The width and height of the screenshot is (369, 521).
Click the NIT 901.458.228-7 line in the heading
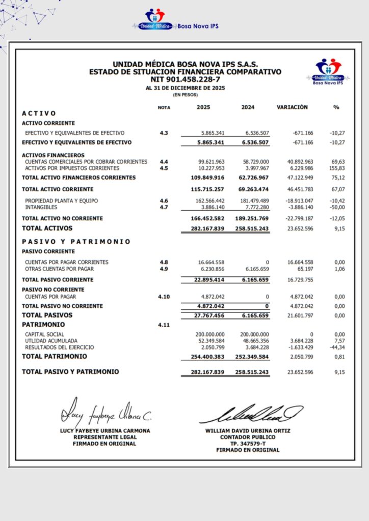coord(185,79)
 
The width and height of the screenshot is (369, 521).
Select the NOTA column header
coord(164,108)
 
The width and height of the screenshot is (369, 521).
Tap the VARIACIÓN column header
coord(292,107)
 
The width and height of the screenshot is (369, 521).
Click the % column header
coord(336,107)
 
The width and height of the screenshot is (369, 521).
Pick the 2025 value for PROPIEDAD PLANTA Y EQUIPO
coord(210,201)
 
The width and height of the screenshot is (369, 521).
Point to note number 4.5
coord(164,168)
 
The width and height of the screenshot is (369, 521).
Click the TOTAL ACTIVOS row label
coord(47,228)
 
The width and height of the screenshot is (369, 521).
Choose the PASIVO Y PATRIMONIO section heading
coord(76,242)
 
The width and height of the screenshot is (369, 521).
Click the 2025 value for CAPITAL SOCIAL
coord(210,334)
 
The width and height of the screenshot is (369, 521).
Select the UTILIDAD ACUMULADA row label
coord(51,340)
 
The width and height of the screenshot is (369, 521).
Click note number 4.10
coord(164,296)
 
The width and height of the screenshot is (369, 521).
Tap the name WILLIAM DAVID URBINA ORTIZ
coord(248,430)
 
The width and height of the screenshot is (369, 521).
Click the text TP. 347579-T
coord(248,443)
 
